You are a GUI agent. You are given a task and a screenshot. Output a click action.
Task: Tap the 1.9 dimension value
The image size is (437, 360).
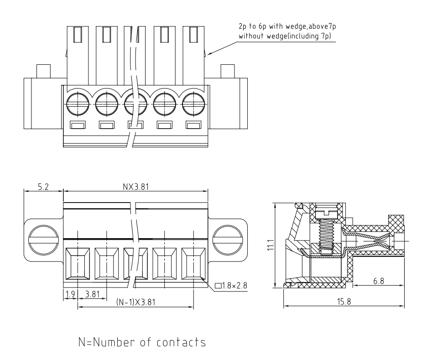click(70, 294)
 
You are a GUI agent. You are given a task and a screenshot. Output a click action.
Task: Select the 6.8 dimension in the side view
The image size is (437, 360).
click(378, 282)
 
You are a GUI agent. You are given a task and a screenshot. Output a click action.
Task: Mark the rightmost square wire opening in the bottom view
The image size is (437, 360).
click(194, 264)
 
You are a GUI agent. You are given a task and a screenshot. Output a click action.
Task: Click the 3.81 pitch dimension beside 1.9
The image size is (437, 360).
click(93, 294)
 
